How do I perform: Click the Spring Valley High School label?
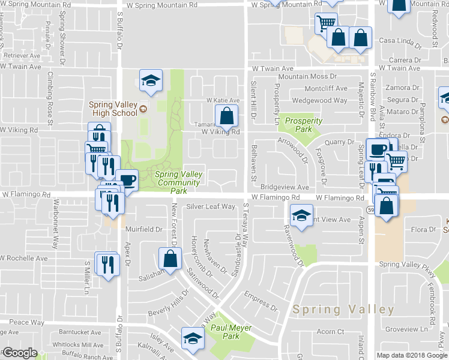click(x=114, y=109)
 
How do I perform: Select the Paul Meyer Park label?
click(x=231, y=332)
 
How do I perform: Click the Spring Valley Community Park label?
click(x=179, y=182)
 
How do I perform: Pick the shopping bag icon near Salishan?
click(x=170, y=259)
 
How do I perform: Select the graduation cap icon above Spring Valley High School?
click(x=151, y=80)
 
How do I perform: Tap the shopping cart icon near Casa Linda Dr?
click(x=325, y=23)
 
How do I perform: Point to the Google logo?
click(x=20, y=353)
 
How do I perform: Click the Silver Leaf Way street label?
click(x=210, y=206)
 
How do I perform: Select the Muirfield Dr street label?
click(x=144, y=229)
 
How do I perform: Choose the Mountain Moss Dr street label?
click(x=307, y=77)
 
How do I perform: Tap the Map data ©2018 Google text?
click(x=412, y=355)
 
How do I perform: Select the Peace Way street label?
click(x=26, y=322)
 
